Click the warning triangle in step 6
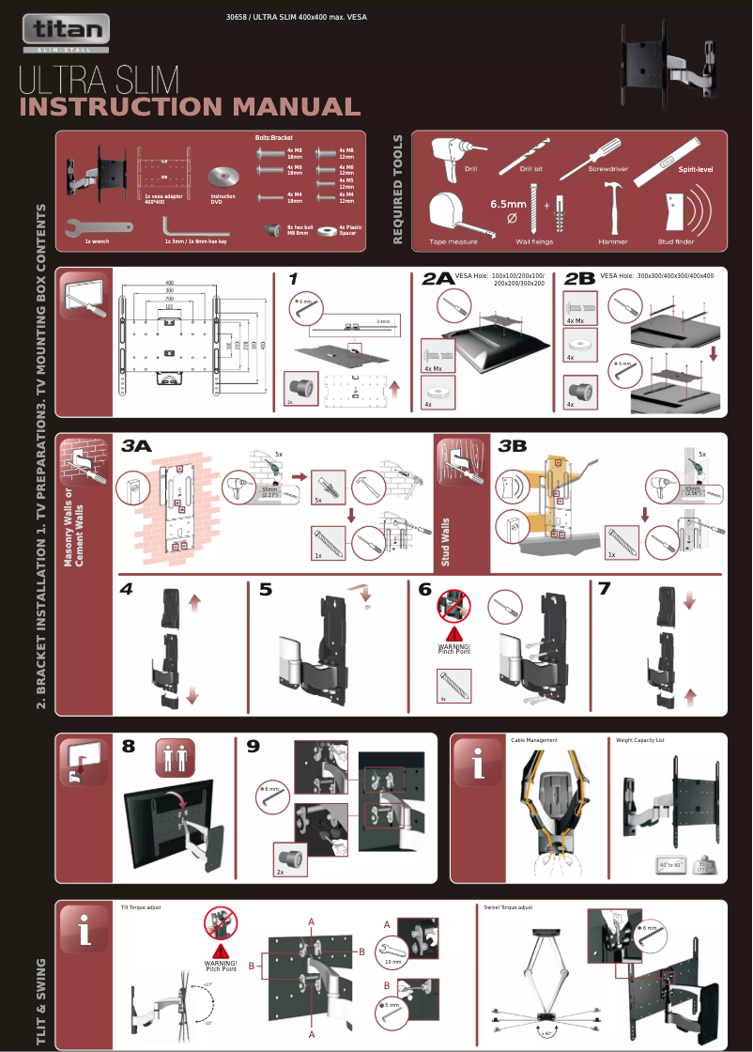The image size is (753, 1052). tap(453, 632)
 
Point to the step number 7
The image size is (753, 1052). tap(605, 590)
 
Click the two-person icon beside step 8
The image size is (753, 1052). tap(174, 758)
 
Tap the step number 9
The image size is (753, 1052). tap(253, 747)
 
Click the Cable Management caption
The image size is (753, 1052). tap(533, 740)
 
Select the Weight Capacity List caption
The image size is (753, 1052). tap(639, 740)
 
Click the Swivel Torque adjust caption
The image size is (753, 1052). tap(508, 907)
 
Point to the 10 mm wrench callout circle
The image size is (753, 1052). tap(393, 956)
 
